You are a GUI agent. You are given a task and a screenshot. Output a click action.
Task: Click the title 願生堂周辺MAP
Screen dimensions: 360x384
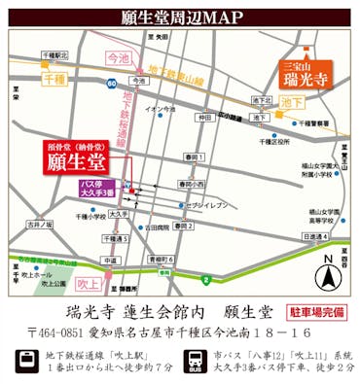[180, 17]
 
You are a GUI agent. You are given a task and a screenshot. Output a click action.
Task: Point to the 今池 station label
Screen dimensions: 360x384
[117, 58]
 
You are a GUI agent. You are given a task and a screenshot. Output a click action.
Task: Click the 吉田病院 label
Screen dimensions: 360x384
[155, 227]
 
